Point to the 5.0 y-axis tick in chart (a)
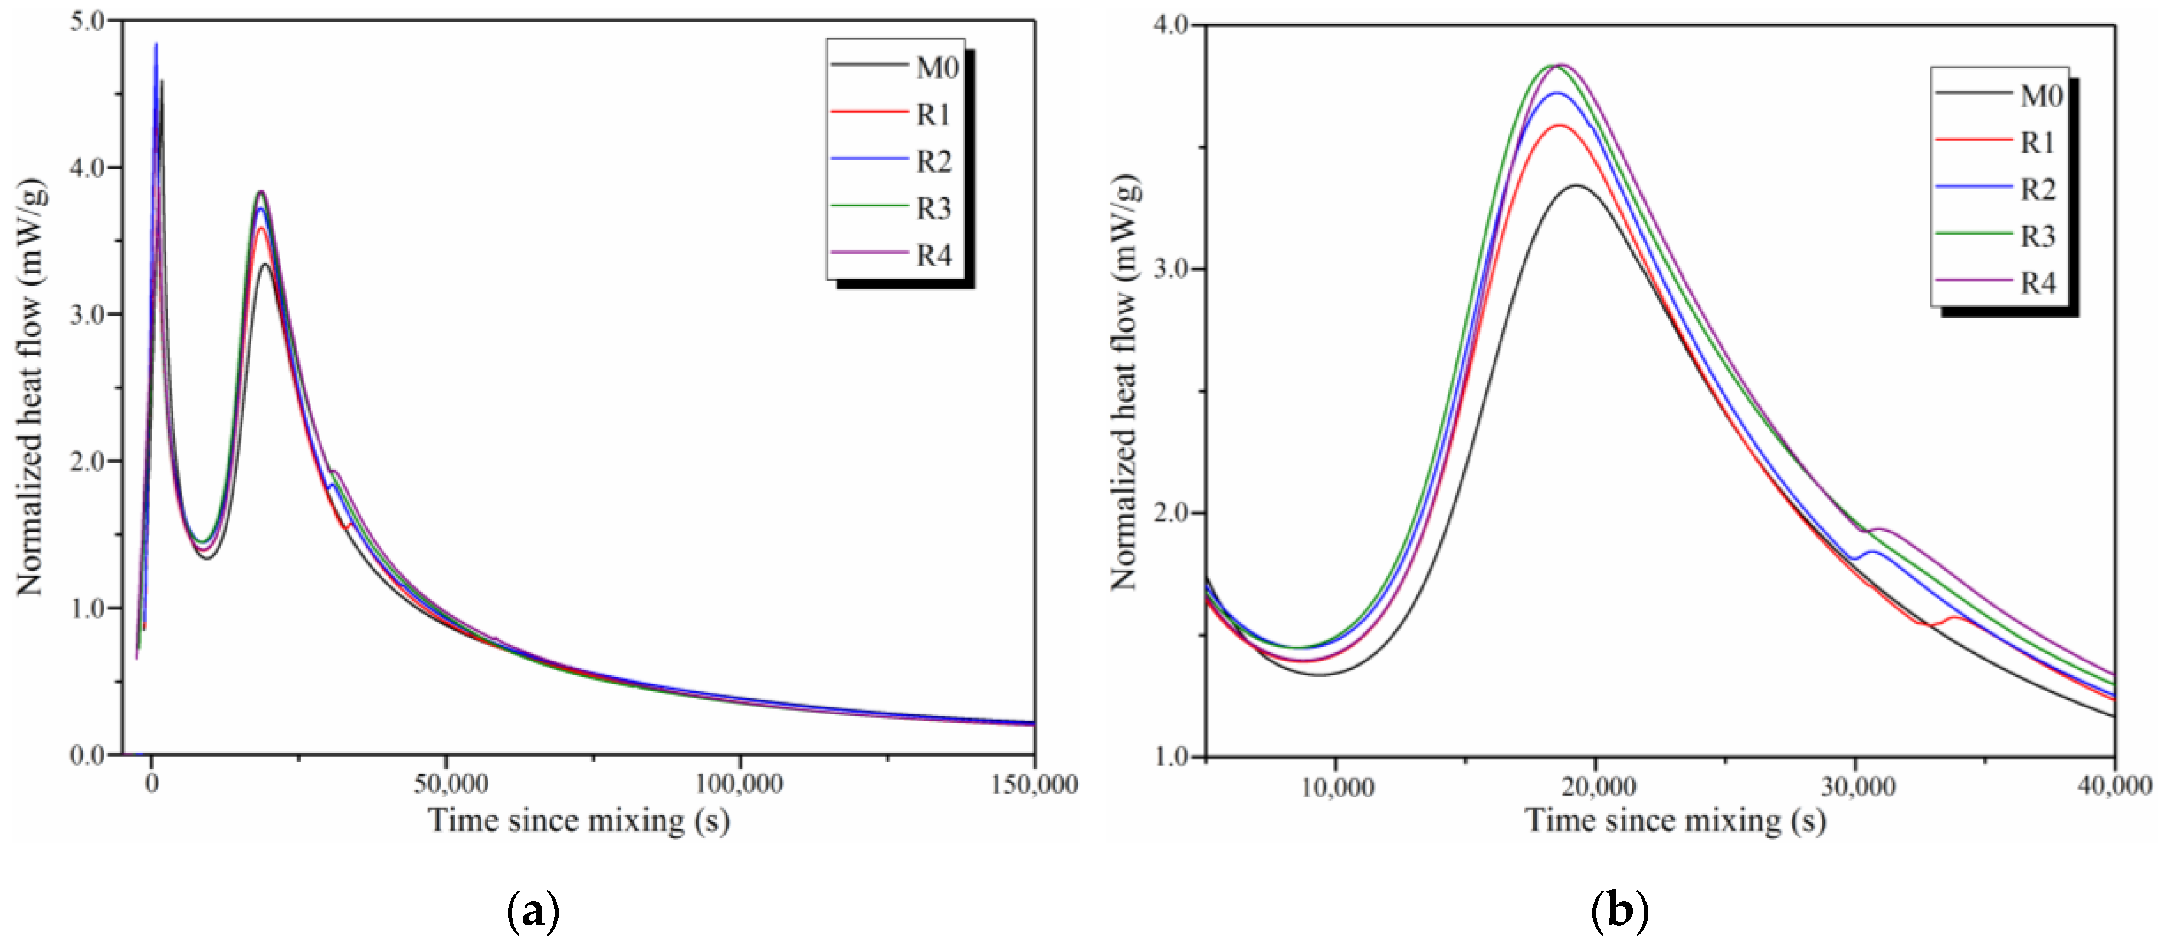coord(87,20)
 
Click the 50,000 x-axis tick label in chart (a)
coord(451,785)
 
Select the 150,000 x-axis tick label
coord(1034,785)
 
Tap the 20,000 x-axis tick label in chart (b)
coord(1598,786)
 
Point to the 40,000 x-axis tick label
coord(2116,786)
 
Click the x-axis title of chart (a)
coord(579,820)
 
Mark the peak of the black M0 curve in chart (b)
coord(1576,186)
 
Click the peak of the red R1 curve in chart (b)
coord(1560,126)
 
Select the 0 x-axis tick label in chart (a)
coord(151,785)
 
